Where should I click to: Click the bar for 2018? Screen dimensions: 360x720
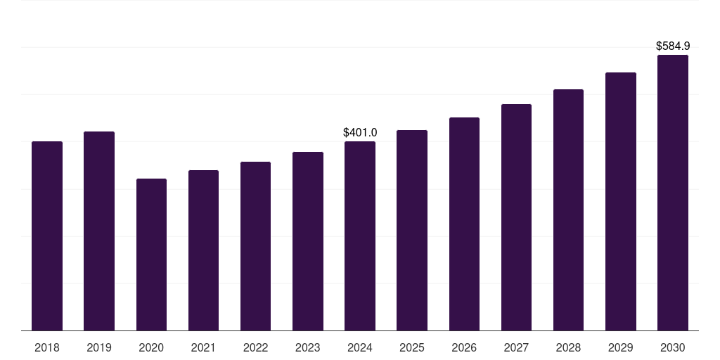(x=47, y=236)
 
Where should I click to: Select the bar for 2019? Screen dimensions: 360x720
(x=99, y=231)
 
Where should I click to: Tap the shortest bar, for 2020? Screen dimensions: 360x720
(x=151, y=255)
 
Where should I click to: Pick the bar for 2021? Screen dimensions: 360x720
(x=203, y=250)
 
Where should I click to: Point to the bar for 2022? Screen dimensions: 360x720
(x=255, y=246)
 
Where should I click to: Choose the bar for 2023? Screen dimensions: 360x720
(x=308, y=241)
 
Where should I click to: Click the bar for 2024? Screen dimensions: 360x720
(x=360, y=236)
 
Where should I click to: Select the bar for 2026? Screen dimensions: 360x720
(x=464, y=224)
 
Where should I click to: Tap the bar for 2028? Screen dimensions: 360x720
(x=568, y=210)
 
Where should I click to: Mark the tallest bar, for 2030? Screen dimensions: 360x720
(x=673, y=193)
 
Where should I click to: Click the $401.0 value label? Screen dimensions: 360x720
(x=360, y=132)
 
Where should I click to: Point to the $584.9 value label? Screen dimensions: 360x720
(x=673, y=46)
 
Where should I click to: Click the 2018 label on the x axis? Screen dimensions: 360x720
(x=47, y=347)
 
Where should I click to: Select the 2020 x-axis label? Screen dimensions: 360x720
(x=151, y=347)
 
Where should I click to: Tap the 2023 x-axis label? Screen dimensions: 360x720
(x=308, y=347)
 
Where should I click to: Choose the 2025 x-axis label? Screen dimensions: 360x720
(x=412, y=347)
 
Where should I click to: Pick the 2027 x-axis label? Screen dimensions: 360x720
(x=516, y=347)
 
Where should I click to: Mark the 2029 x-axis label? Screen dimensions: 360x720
(x=621, y=347)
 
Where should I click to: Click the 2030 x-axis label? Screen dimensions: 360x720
(x=673, y=347)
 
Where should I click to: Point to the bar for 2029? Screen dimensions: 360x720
(x=621, y=201)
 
